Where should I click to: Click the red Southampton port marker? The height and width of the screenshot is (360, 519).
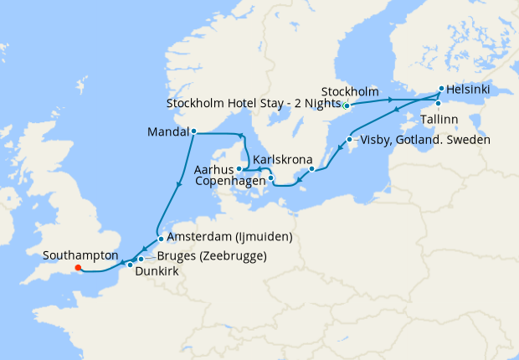[78, 269]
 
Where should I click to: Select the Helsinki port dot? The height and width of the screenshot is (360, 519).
[441, 88]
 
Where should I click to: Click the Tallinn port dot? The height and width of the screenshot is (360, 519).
[438, 104]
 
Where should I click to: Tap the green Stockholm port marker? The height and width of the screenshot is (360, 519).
[346, 105]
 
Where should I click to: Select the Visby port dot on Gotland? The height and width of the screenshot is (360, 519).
[350, 139]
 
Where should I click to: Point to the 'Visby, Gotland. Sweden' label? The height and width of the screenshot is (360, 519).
[424, 139]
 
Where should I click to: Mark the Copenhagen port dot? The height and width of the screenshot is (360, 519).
[270, 177]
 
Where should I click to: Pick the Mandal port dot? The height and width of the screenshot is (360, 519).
[193, 131]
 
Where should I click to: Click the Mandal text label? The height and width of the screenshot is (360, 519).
[167, 131]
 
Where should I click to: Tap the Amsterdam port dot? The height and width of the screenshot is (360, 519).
[161, 238]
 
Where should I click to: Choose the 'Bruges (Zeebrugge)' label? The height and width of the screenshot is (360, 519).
[212, 256]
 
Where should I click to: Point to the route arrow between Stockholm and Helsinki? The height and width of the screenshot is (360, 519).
[391, 100]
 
